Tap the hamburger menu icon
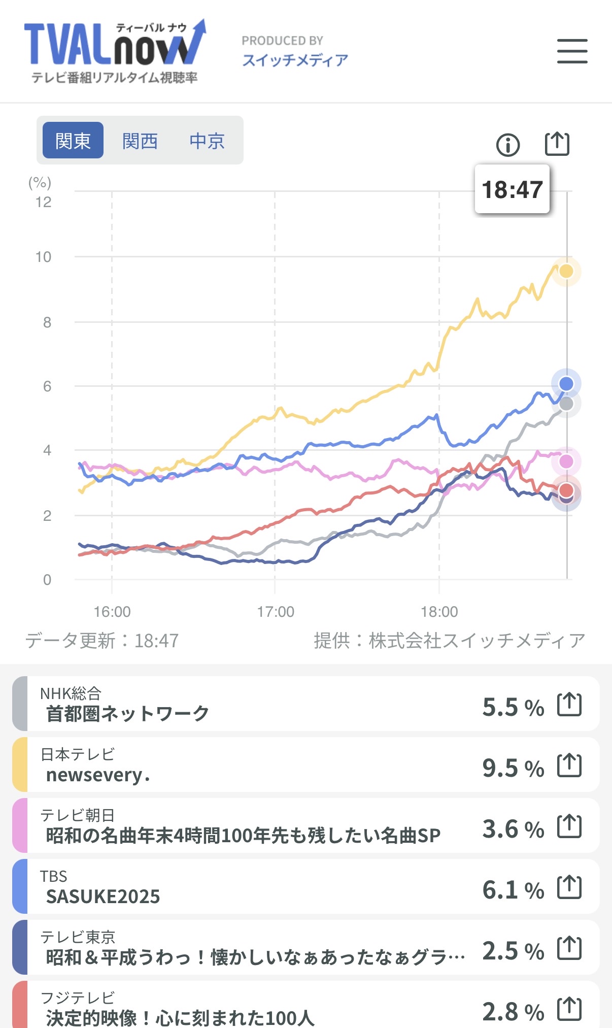coord(572,51)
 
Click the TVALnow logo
coord(115,51)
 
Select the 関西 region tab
coord(140,141)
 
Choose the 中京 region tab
coord(207,141)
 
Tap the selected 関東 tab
coord(73,141)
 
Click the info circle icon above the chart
coord(507,145)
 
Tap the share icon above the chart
coord(557,144)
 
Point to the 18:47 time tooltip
coord(512,189)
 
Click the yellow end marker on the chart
coord(566,271)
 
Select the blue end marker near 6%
coord(566,383)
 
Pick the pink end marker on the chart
coord(566,461)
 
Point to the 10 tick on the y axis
coord(44,257)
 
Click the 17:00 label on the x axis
coord(276,612)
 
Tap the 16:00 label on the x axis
coord(112,612)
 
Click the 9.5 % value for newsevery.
coord(513,768)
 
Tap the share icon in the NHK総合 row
coord(569,705)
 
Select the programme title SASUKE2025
coord(103,897)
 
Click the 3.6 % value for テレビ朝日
coord(513,828)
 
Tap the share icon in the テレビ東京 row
coord(569,948)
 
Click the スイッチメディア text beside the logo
coord(295,60)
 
